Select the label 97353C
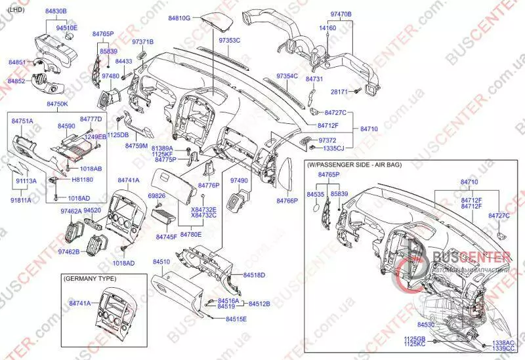[x=230, y=41]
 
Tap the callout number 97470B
[x=341, y=14]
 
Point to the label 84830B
[x=56, y=12]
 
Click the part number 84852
[x=16, y=81]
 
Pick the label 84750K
[x=58, y=104]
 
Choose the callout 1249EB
[x=96, y=136]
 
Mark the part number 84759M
[x=136, y=146]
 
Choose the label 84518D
[x=254, y=275]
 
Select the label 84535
[x=316, y=195]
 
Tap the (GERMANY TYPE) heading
[x=88, y=279]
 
